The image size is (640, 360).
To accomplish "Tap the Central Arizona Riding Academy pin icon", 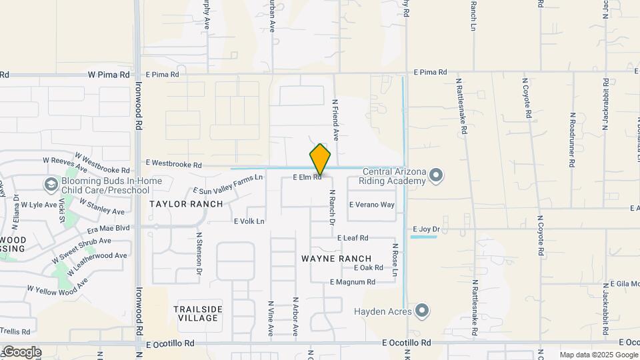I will pos(436,175).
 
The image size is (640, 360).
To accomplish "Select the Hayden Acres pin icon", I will pos(421,311).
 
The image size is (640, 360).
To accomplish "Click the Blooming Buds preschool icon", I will pos(51,184).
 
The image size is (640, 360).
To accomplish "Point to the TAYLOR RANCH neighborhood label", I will pos(177,204).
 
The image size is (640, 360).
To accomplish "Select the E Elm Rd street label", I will pos(307,178).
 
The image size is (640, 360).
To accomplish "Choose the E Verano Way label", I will pos(372,205).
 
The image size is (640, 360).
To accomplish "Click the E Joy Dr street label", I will pos(426,229).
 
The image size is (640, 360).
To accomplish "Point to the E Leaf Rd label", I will pos(353,238).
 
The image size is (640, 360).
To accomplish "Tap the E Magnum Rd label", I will pos(352,282).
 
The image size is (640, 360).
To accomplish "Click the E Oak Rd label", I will pos(369,268).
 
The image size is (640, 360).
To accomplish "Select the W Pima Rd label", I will pos(109,75).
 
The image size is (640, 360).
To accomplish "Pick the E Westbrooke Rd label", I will pos(173,164).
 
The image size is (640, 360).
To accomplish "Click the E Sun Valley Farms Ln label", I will pos(227,183).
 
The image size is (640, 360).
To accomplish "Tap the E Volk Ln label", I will pos(249,221).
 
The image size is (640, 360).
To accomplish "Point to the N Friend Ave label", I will pos(336,121).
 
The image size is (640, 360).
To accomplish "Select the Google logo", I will pos(21,352).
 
